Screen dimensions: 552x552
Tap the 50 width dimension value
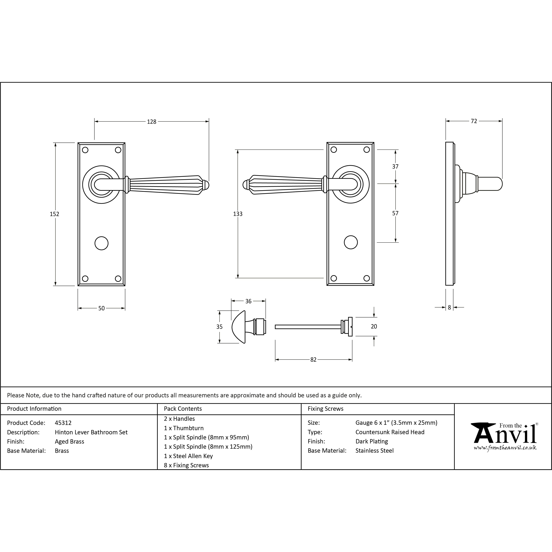(x=101, y=308)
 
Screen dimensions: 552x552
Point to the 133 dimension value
(x=238, y=214)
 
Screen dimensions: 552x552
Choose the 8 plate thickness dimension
(x=449, y=307)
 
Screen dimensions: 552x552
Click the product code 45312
(x=63, y=423)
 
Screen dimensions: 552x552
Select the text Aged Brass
(x=69, y=442)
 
